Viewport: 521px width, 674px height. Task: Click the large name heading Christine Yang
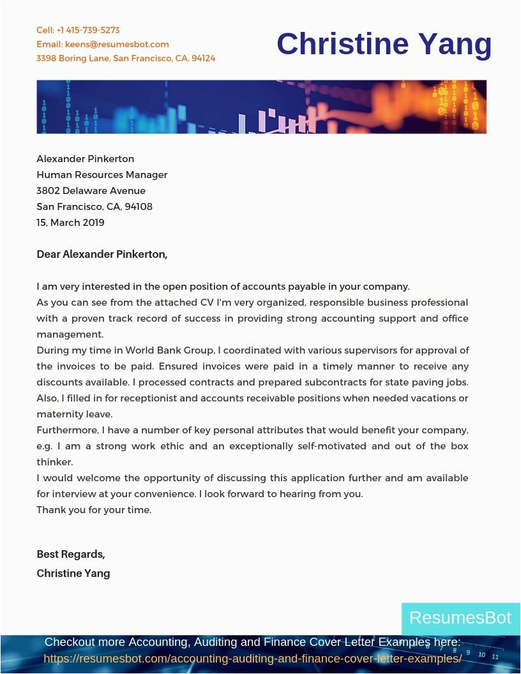click(384, 44)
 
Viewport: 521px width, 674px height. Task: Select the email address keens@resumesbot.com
click(117, 44)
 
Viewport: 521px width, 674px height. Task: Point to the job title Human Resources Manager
click(102, 174)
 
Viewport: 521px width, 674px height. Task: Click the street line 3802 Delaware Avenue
click(91, 190)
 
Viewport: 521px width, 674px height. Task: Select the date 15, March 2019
click(70, 222)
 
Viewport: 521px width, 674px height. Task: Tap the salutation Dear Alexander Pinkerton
click(102, 254)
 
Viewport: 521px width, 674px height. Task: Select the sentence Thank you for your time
click(94, 509)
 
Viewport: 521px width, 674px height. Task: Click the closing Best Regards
click(71, 554)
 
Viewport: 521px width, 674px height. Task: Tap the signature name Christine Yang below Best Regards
click(73, 573)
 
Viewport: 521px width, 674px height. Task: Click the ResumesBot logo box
click(460, 618)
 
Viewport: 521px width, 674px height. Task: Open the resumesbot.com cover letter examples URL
click(253, 658)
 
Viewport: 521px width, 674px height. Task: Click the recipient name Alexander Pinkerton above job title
click(86, 158)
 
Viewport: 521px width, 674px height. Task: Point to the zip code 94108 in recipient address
click(139, 206)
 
